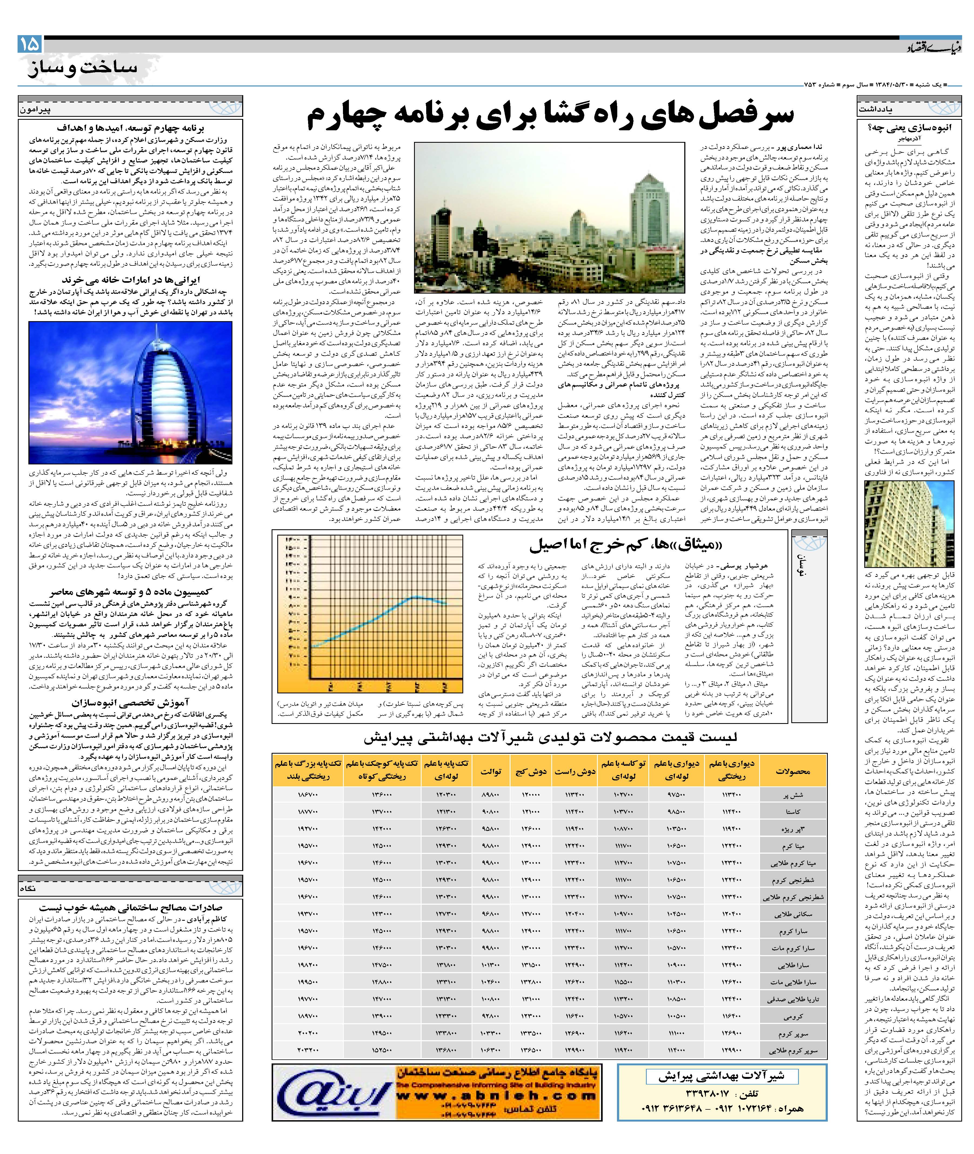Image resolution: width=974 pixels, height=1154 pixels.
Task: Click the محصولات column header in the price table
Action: coord(792,771)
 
